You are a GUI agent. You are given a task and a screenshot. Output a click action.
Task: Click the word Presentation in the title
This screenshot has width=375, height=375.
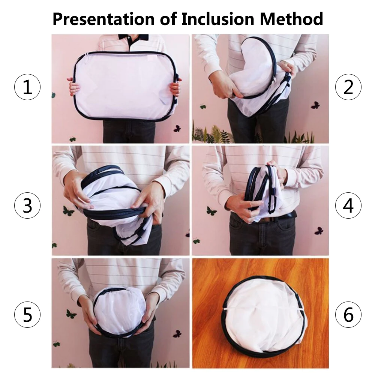103,19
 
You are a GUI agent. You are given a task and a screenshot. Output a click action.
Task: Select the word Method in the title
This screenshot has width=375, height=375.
291,19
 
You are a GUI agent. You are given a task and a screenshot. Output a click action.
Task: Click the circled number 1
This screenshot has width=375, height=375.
27,87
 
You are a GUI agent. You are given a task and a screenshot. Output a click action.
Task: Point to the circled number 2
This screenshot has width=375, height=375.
348,87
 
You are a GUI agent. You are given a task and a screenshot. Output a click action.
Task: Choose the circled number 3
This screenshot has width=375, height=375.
27,205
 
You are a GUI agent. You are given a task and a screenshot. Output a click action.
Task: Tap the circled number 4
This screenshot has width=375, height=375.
348,205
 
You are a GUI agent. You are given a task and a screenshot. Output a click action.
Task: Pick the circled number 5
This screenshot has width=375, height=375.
27,315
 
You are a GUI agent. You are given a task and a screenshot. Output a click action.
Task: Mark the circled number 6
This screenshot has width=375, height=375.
348,315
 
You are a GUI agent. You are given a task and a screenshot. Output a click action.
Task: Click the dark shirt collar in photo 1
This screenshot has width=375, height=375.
133,39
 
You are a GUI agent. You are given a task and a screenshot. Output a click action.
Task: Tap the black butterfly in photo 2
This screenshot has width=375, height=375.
315,105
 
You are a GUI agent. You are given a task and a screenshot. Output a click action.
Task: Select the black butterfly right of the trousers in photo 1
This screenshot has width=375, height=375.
177,129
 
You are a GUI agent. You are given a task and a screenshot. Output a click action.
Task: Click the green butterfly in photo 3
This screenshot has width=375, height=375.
68,211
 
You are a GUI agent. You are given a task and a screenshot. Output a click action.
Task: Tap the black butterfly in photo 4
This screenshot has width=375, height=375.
319,231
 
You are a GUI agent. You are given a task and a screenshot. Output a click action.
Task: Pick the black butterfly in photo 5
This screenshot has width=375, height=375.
177,334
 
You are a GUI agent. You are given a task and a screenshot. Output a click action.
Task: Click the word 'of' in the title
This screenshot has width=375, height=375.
168,19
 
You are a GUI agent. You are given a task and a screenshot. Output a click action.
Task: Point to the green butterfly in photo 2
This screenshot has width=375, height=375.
203,106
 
